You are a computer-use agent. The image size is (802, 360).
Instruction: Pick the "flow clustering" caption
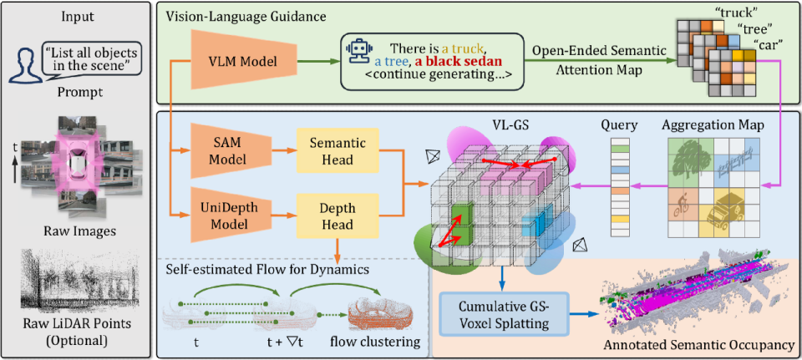pyautogui.click(x=383, y=343)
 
